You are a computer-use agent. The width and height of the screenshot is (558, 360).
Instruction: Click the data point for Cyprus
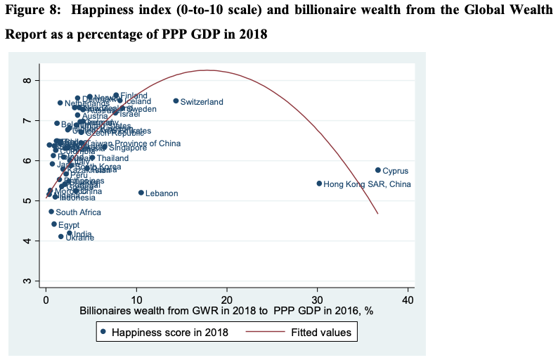point(377,170)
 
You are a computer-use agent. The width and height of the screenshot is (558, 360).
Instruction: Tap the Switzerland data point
point(176,101)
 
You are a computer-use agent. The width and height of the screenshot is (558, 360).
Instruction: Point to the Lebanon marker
point(141,193)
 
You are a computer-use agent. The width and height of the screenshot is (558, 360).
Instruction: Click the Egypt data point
point(53,224)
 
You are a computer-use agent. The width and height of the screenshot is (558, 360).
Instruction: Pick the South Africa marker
point(51,212)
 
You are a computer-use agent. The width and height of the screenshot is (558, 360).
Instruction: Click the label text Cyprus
point(395,171)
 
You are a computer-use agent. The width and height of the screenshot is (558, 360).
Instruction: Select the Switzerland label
point(202,102)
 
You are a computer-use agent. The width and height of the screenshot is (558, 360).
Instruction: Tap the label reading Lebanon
point(162,193)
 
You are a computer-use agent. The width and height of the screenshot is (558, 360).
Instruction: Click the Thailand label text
point(113,158)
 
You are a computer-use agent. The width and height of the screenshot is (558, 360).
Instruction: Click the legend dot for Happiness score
point(103,333)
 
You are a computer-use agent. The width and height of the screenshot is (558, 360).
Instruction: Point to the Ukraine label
point(79,238)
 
